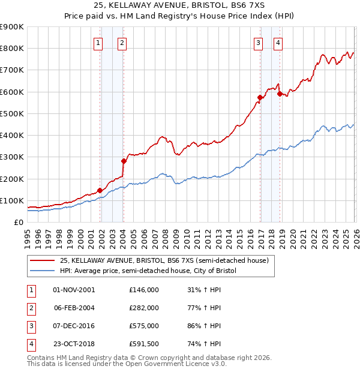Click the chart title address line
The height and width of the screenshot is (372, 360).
[179, 5]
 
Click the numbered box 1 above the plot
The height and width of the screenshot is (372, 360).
[98, 43]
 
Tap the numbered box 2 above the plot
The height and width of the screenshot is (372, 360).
[121, 43]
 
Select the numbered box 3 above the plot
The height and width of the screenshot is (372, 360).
[258, 43]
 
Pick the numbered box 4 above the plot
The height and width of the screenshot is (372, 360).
[278, 43]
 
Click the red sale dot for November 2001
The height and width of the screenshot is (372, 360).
[100, 190]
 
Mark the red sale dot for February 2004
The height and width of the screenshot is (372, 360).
[124, 161]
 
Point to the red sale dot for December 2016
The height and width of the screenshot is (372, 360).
[260, 97]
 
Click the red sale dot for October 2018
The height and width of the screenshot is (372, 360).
[280, 94]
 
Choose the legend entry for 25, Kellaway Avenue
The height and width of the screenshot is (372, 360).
[164, 260]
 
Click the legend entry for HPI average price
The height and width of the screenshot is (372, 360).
[148, 271]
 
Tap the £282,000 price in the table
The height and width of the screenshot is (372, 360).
[144, 308]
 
